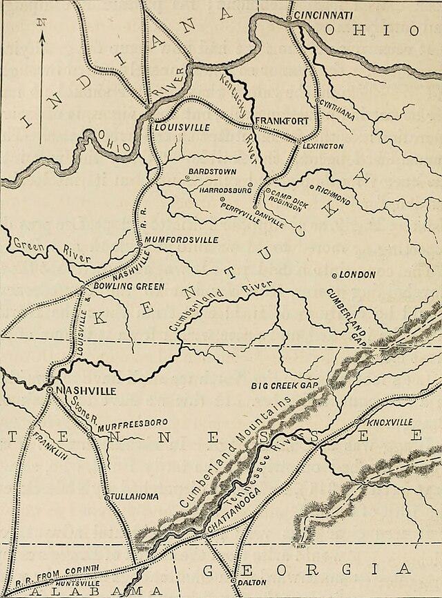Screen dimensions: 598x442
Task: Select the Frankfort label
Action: pyautogui.click(x=282, y=122)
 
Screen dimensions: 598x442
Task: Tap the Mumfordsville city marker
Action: pyautogui.click(x=140, y=244)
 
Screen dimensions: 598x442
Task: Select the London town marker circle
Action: pyautogui.click(x=335, y=276)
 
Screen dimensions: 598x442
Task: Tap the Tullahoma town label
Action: pyautogui.click(x=135, y=496)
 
